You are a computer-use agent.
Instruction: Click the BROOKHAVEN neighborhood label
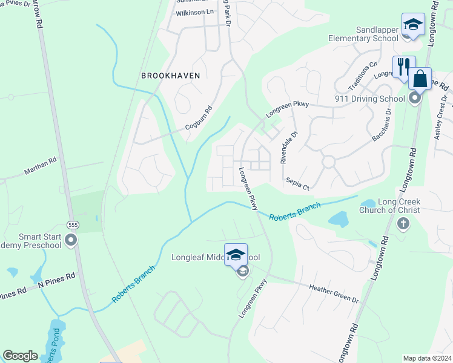pos(170,76)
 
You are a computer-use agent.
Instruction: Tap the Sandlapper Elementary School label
pos(363,33)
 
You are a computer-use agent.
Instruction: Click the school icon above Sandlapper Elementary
pos(413,25)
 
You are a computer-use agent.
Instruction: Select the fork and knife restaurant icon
pos(403,66)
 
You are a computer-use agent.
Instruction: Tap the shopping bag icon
pos(420,79)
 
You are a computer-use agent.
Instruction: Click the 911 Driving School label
pos(369,99)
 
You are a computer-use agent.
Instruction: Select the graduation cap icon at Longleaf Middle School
pos(236,254)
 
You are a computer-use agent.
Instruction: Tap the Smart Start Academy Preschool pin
pos(71,241)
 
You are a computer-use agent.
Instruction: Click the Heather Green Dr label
pos(334,293)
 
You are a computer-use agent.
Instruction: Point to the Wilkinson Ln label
pos(194,12)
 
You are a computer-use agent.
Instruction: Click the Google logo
pos(20,356)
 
